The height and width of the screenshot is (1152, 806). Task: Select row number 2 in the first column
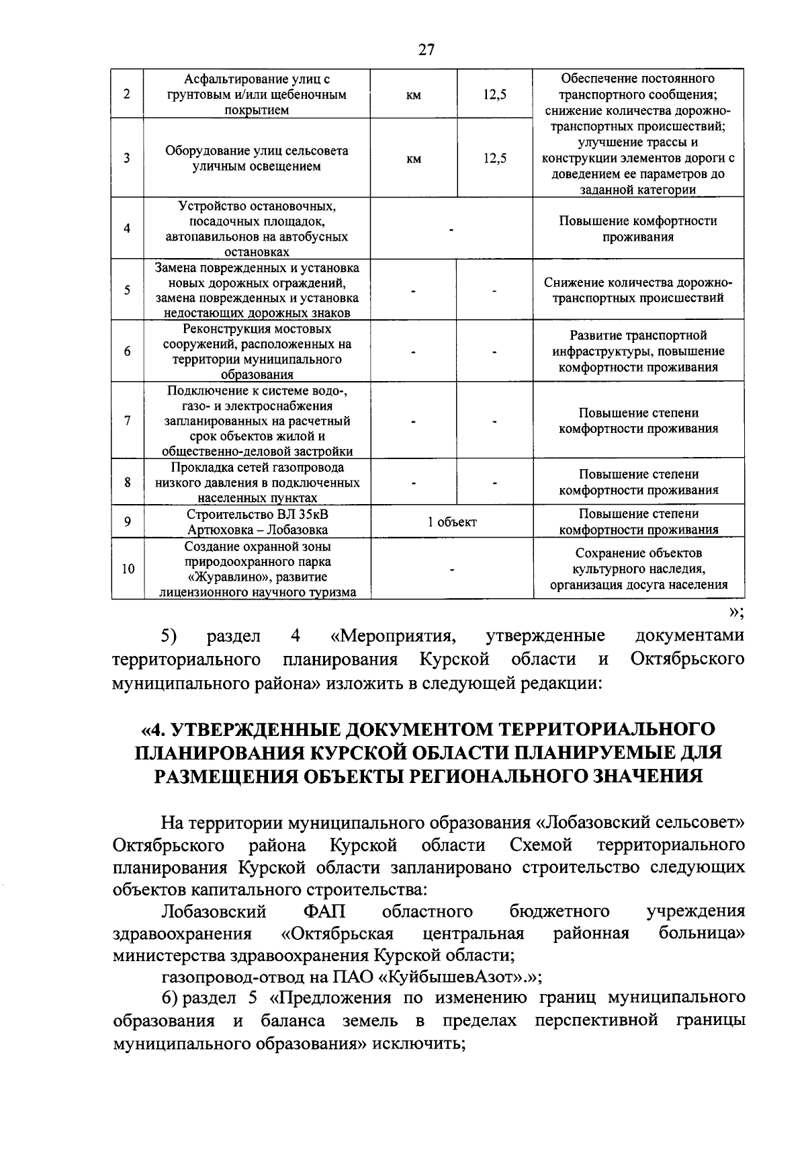click(127, 94)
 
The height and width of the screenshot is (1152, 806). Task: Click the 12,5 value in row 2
click(494, 95)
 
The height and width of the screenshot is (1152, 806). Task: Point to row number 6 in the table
click(127, 352)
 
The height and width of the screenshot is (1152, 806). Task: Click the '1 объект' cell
click(452, 522)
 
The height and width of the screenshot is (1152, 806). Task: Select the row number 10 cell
click(127, 569)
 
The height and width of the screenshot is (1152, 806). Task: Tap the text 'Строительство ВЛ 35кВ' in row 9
click(257, 514)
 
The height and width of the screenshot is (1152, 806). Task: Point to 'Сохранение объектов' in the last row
click(638, 553)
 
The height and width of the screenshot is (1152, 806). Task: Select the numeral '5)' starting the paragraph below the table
click(169, 636)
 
